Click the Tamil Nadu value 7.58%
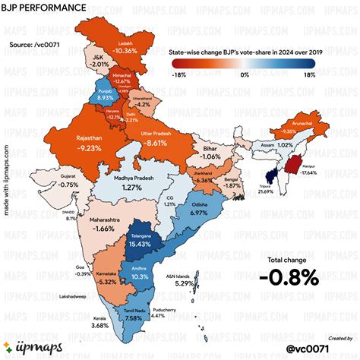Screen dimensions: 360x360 click(133, 318)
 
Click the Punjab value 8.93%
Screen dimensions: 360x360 click(105, 98)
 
